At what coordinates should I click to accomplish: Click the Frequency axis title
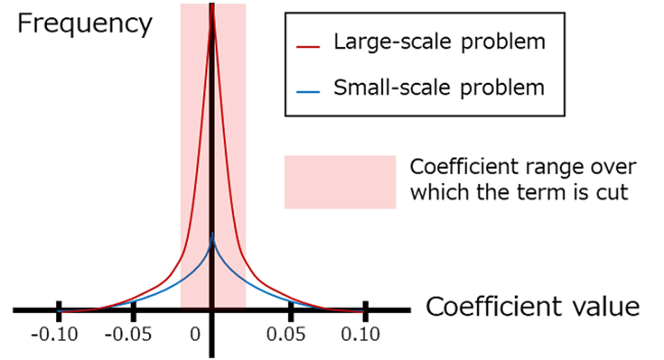click(84, 24)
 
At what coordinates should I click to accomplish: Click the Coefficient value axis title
click(533, 307)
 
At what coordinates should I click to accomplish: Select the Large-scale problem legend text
click(439, 42)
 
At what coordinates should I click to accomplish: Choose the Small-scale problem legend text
click(439, 87)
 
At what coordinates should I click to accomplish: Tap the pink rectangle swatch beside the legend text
click(340, 182)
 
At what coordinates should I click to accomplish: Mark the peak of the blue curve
click(212, 233)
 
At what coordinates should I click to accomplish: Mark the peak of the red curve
click(212, 8)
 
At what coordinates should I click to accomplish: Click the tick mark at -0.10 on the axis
click(59, 309)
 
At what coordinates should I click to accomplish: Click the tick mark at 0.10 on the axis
click(365, 309)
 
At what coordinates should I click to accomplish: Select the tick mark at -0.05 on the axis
click(133, 309)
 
